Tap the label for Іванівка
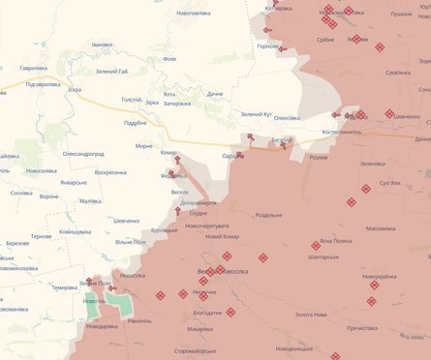coord(102,45)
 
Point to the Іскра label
coord(74,90)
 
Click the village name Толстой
coord(130,100)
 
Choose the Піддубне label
coord(132,123)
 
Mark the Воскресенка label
coord(104,172)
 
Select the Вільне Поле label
coord(131,241)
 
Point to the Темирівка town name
coord(65,287)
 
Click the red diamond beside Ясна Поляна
coord(316,246)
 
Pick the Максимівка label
coord(385,229)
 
